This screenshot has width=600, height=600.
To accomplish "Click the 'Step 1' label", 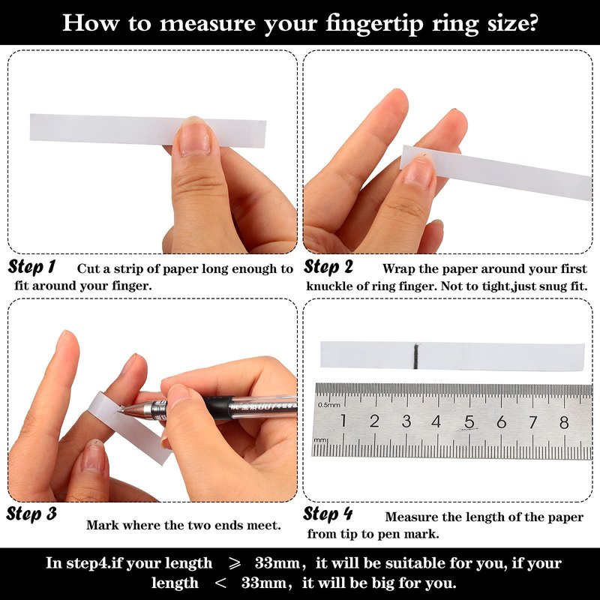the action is pyautogui.click(x=31, y=267).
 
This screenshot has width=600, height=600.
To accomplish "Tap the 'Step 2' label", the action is pyautogui.click(x=328, y=267).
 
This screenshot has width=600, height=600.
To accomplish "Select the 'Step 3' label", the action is pyautogui.click(x=31, y=514).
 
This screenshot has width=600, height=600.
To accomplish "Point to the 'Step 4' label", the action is pyautogui.click(x=328, y=514).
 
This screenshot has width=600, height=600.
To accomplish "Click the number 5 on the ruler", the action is pyautogui.click(x=469, y=422).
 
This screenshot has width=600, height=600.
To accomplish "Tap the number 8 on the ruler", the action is pyautogui.click(x=564, y=422).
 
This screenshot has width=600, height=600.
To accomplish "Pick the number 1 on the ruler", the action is pyautogui.click(x=343, y=421).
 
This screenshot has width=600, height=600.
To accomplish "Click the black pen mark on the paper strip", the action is pyautogui.click(x=415, y=356).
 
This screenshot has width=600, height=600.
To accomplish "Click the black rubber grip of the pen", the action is pyautogui.click(x=218, y=408).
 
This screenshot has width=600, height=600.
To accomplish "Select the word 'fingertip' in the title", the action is pyautogui.click(x=374, y=24).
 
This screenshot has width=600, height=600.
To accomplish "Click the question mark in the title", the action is pyautogui.click(x=532, y=22).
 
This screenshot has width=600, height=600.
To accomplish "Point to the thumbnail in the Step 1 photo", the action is pyautogui.click(x=195, y=138).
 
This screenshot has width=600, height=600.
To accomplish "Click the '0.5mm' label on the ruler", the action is pyautogui.click(x=328, y=405).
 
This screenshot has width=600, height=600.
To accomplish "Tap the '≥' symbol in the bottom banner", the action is pyautogui.click(x=235, y=563).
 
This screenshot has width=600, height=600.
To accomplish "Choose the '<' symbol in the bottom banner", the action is pyautogui.click(x=220, y=583).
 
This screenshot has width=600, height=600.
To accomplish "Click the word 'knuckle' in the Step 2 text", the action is pyautogui.click(x=329, y=286).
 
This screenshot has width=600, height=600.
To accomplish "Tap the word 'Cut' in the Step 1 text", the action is pyautogui.click(x=86, y=268).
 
